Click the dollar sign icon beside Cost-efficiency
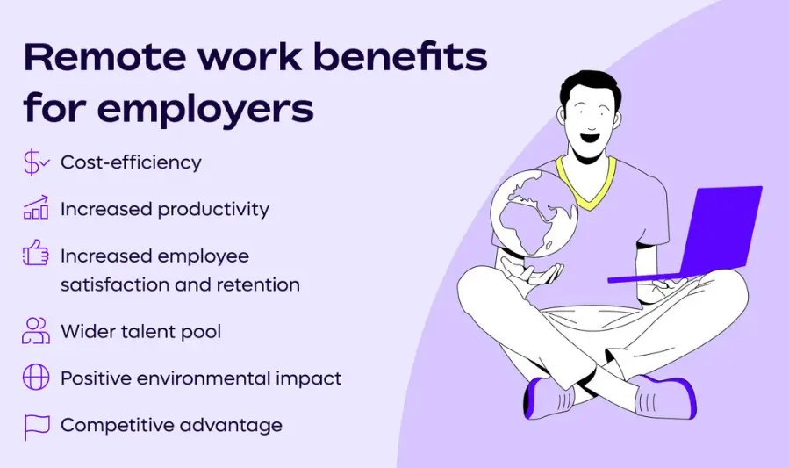[x=36, y=162]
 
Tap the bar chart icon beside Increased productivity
[x=36, y=209]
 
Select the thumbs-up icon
[x=36, y=256]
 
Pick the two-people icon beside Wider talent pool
[x=36, y=330]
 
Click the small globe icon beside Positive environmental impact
[x=36, y=378]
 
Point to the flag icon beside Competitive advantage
[x=36, y=426]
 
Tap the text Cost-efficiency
[x=131, y=162]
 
